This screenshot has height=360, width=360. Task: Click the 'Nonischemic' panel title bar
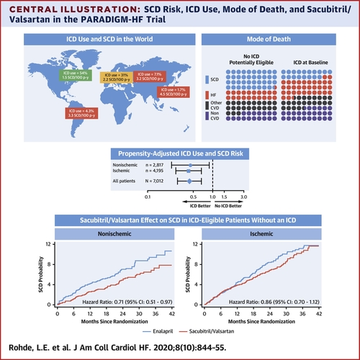[125, 233]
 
